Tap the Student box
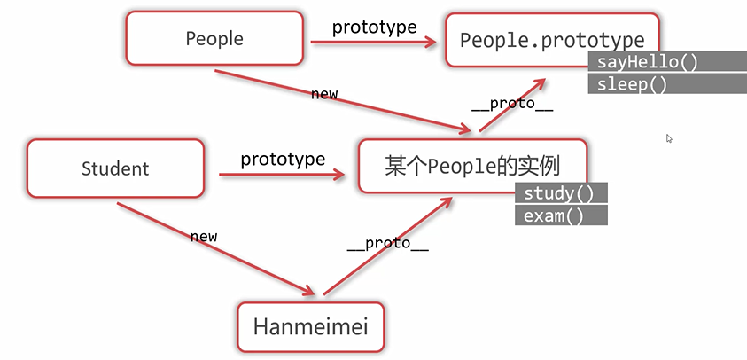pyautogui.click(x=115, y=168)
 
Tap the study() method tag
pyautogui.click(x=560, y=194)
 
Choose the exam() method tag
pyautogui.click(x=560, y=215)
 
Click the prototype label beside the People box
pyautogui.click(x=374, y=27)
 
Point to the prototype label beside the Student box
pyautogui.click(x=283, y=160)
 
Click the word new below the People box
pyautogui.click(x=323, y=94)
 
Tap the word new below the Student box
pyautogui.click(x=204, y=237)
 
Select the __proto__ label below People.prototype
pyautogui.click(x=512, y=104)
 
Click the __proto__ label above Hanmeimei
pyautogui.click(x=387, y=244)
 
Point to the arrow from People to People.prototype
pyautogui.click(x=372, y=42)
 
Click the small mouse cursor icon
pyautogui.click(x=669, y=138)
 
